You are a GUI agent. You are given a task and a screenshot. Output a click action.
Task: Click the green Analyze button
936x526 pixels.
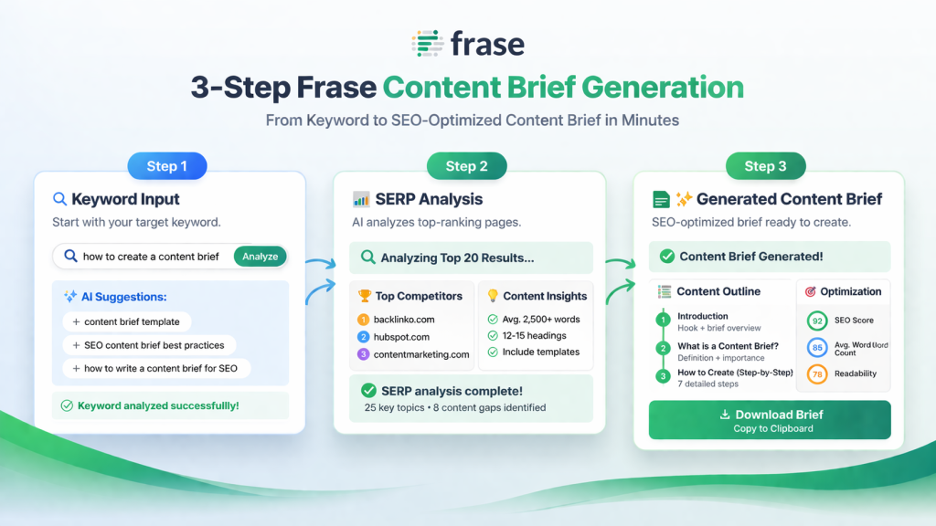coord(260,257)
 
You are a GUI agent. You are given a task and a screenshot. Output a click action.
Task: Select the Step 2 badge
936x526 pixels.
coord(466,166)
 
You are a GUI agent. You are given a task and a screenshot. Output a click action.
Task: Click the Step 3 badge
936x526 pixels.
coord(765,166)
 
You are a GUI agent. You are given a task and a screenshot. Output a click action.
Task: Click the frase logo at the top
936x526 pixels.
coord(468,43)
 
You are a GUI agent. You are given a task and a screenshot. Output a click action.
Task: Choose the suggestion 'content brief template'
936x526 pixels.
coord(126,321)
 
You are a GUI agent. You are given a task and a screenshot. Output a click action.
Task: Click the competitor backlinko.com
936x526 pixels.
coord(403,320)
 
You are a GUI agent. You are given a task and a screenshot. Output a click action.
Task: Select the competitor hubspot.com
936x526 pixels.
coord(401,337)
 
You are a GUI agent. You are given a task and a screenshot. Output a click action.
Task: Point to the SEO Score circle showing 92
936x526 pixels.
coord(817,321)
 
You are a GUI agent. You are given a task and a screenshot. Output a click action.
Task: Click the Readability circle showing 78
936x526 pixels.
coord(817,373)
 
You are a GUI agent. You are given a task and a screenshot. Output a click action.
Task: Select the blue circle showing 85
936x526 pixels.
coord(817,347)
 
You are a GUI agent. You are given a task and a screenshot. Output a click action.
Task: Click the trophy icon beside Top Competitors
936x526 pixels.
coord(365,296)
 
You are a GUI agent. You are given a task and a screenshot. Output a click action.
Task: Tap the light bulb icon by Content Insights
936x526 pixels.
coord(492,296)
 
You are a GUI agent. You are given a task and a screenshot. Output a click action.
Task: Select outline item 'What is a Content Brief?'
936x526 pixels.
coord(728,345)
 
